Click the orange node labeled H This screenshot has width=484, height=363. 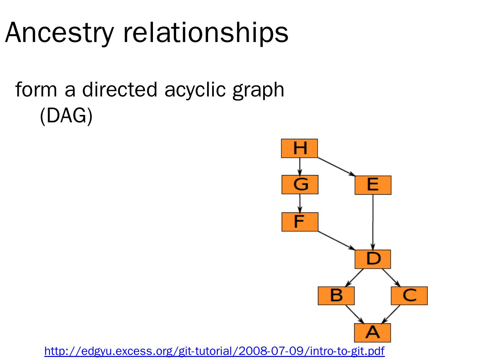(299, 148)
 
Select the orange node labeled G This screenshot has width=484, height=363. (300, 185)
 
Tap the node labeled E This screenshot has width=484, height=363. (373, 185)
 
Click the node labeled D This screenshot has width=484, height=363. (373, 259)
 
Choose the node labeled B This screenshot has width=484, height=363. (336, 296)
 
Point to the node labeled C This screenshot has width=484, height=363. (409, 296)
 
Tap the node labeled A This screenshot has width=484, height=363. (372, 333)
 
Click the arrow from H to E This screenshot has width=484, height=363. (336, 167)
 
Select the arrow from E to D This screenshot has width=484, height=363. (373, 222)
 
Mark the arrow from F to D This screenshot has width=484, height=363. (336, 240)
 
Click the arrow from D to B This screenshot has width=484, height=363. (355, 278)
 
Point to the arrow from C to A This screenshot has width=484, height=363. (391, 314)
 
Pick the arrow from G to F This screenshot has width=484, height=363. (300, 203)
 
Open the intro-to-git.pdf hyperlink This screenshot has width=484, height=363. (214, 351)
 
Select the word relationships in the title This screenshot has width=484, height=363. (206, 33)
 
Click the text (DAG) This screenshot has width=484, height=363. (66, 116)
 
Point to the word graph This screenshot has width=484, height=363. (258, 90)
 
